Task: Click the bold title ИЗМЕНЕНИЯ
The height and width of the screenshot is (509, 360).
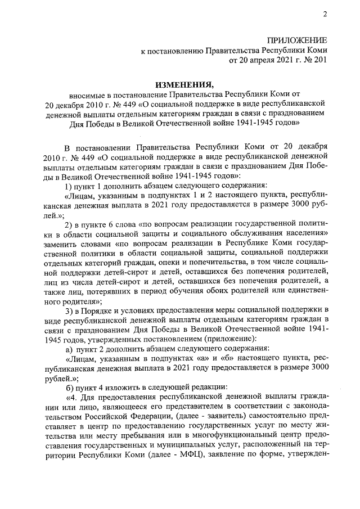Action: click(179, 84)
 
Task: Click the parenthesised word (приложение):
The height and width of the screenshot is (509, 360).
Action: click(212, 339)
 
